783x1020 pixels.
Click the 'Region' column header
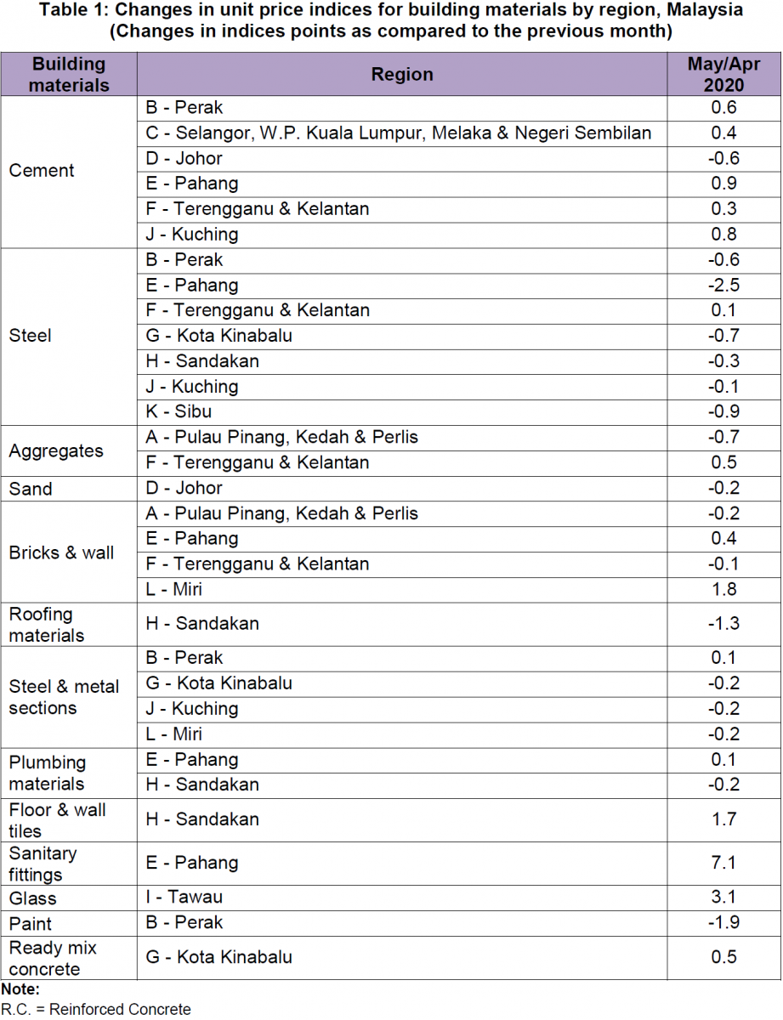click(402, 75)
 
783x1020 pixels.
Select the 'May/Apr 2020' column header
click(723, 75)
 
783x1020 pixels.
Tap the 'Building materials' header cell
click(69, 75)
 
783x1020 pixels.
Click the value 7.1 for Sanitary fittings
click(723, 864)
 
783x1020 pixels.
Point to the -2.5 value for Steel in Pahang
click(723, 286)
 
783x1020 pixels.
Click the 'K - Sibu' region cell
click(179, 412)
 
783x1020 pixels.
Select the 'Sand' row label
click(31, 489)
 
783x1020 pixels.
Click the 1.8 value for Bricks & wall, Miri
click(723, 590)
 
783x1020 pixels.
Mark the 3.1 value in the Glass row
click(723, 898)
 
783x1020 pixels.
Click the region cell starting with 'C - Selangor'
click(399, 133)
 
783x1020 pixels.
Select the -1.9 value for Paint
click(723, 923)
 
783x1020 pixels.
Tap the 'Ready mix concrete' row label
click(53, 958)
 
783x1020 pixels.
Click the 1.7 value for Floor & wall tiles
click(723, 820)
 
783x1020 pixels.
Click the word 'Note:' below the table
click(20, 989)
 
